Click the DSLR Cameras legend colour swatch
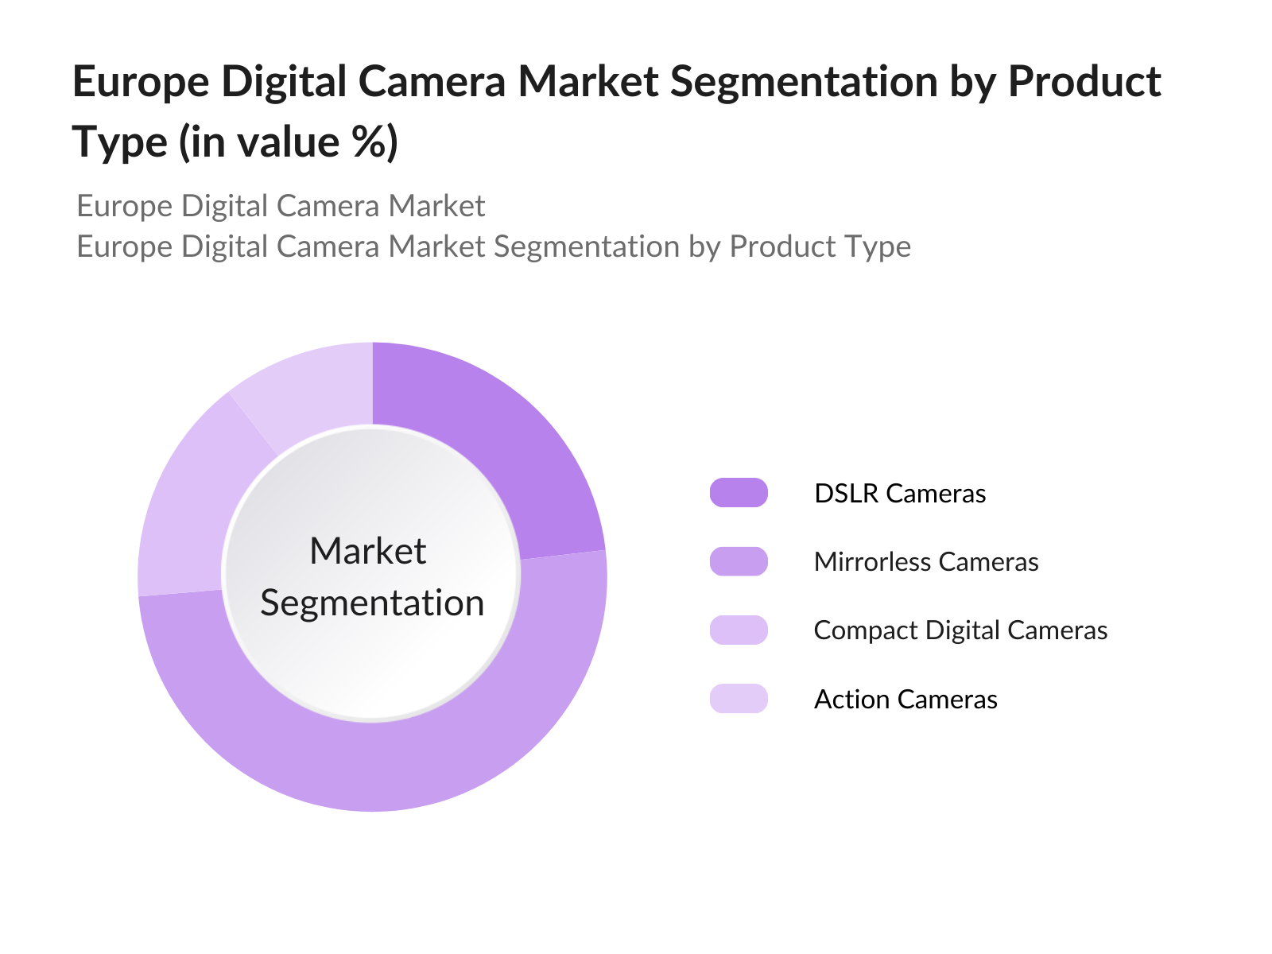pyautogui.click(x=739, y=493)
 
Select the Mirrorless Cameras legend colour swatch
pyautogui.click(x=739, y=561)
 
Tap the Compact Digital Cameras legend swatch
pyautogui.click(x=739, y=630)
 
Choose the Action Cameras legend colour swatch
pyautogui.click(x=739, y=699)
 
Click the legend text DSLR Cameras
pyautogui.click(x=900, y=493)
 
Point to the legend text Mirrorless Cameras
pyautogui.click(x=926, y=562)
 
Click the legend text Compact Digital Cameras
pyautogui.click(x=960, y=630)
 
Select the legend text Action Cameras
pyautogui.click(x=906, y=700)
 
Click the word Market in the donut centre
pyautogui.click(x=368, y=551)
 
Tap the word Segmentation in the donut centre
pyautogui.click(x=372, y=603)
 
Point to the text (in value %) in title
pyautogui.click(x=288, y=142)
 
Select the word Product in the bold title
pyautogui.click(x=1084, y=81)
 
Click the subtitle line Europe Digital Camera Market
pyautogui.click(x=281, y=206)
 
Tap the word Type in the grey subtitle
pyautogui.click(x=880, y=246)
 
